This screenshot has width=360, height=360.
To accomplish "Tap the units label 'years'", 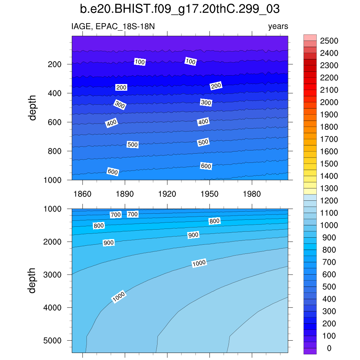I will pyautogui.click(x=278, y=26).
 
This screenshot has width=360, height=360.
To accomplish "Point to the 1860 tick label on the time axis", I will pyautogui.click(x=82, y=194).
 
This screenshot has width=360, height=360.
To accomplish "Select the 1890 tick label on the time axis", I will pyautogui.click(x=125, y=194).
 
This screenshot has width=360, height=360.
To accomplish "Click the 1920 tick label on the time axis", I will pyautogui.click(x=167, y=194).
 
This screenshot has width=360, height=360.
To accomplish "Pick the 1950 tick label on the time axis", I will pyautogui.click(x=210, y=194).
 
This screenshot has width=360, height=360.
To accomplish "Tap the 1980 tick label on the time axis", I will pyautogui.click(x=252, y=194).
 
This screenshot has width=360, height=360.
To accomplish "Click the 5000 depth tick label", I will pyautogui.click(x=53, y=340).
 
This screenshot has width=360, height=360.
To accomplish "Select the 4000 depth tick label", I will pyautogui.click(x=53, y=307).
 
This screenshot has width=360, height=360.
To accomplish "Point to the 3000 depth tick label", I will pyautogui.click(x=53, y=274).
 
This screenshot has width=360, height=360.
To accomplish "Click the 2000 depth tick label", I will pyautogui.click(x=53, y=242).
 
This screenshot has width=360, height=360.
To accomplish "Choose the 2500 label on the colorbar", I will pyautogui.click(x=329, y=41).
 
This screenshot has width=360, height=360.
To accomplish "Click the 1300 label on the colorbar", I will pyautogui.click(x=329, y=188).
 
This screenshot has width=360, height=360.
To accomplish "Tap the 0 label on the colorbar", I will pyautogui.click(x=329, y=348).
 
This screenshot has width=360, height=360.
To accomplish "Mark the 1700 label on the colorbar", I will pyautogui.click(x=329, y=139).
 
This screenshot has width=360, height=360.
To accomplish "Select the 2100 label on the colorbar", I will pyautogui.click(x=329, y=90).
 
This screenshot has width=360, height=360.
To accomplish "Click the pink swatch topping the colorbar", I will pyautogui.click(x=310, y=38).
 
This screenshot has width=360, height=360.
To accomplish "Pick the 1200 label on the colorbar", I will pyautogui.click(x=329, y=201).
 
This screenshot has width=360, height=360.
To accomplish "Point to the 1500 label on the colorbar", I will pyautogui.click(x=329, y=164).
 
